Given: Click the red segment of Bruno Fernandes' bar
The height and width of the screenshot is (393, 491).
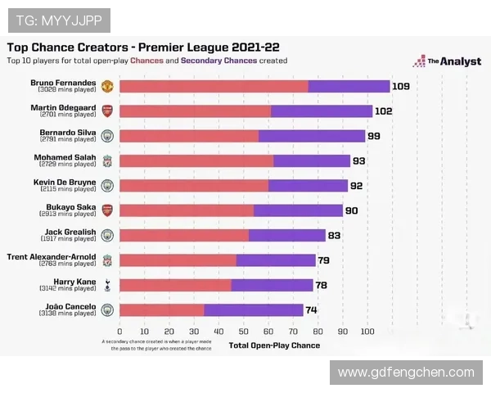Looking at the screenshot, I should tap(214, 86).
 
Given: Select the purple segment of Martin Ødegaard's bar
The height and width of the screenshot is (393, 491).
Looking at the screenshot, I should tap(321, 111).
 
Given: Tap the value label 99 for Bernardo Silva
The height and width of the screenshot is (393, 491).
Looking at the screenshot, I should tap(374, 136).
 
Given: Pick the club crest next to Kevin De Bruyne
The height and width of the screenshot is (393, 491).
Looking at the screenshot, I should tap(106, 186).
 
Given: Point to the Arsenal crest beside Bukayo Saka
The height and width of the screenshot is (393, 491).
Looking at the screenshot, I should tap(106, 210).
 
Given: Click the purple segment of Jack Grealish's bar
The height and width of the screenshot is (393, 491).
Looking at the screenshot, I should tap(286, 236).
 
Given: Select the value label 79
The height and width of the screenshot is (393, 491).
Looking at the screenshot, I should tap(324, 260).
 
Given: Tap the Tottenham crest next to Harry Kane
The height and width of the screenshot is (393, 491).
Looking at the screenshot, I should tap(106, 285).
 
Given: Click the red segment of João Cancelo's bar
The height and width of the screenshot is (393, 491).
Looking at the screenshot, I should tap(162, 310).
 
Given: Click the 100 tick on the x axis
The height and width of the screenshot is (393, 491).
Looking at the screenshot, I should tap(367, 332).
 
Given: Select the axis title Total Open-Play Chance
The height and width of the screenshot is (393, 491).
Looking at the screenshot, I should tap(274, 346).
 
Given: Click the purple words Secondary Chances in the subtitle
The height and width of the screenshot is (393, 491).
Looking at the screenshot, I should tap(218, 61).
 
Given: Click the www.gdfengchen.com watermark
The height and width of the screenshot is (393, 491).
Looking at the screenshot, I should tap(406, 373).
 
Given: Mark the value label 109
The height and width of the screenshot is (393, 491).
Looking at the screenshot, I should tap(400, 86).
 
